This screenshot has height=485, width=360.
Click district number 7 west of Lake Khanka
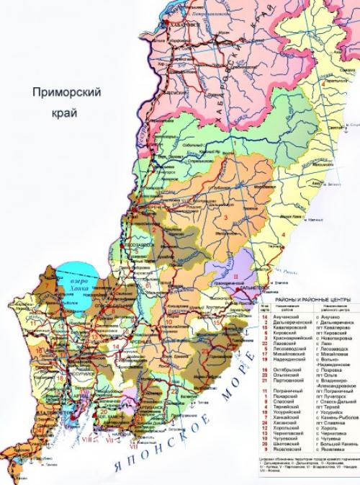coord(48,285)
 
